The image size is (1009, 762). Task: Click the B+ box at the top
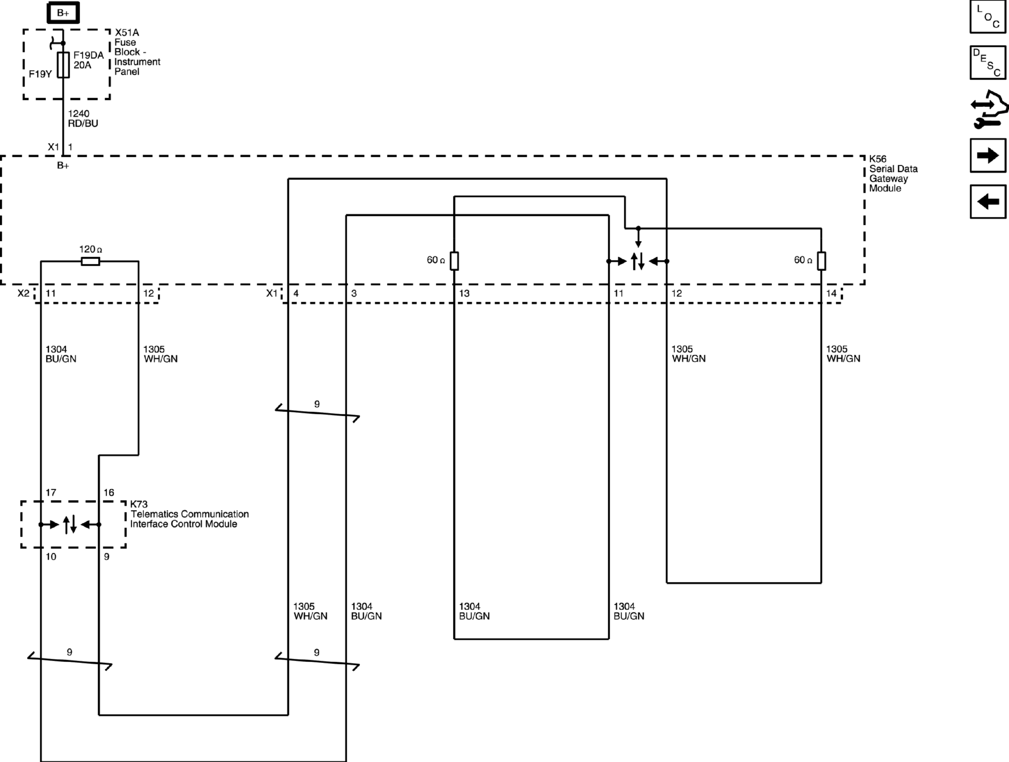coord(63,13)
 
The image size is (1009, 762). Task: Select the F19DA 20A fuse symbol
coord(63,65)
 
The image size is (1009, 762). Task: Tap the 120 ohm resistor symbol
coord(90,261)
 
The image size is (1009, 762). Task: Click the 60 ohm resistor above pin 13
coord(454,261)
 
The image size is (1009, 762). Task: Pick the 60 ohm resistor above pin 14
coord(821,261)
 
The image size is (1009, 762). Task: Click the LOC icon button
coord(988,17)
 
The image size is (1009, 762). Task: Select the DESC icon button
coord(988,63)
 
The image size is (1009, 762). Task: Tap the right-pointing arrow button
coord(988,155)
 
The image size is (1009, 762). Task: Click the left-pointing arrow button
coord(988,202)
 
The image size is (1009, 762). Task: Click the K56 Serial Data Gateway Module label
coord(893,173)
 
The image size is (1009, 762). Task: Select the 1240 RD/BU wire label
coord(83,118)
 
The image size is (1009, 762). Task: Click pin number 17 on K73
coord(51,493)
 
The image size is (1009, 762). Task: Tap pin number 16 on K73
coord(109,493)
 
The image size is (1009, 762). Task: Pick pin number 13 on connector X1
coord(464,293)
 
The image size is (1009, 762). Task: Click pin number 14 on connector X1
coord(831,293)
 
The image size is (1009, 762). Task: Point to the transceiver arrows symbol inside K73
coord(70,524)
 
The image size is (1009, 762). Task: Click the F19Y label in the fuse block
coord(40,74)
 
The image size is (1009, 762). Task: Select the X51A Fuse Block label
coord(137,52)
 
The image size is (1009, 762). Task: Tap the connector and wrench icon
coord(989,109)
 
